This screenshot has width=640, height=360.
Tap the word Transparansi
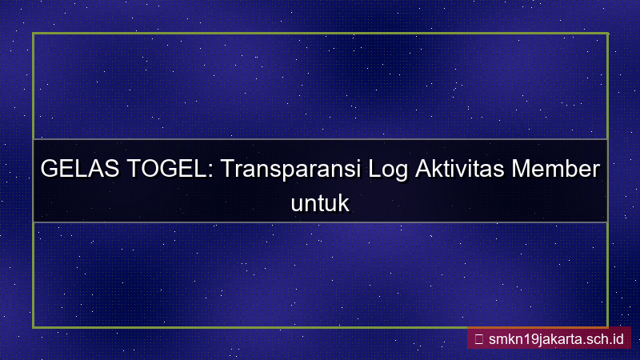pyautogui.click(x=290, y=171)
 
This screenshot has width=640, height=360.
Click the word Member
pyautogui.click(x=558, y=170)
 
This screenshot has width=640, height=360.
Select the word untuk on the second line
pyautogui.click(x=320, y=202)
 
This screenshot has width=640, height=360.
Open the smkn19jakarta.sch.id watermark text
pyautogui.click(x=555, y=338)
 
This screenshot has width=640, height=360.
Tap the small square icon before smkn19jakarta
pyautogui.click(x=478, y=338)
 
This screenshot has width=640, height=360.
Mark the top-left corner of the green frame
pyautogui.click(x=34, y=34)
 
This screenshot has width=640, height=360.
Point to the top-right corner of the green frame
pyautogui.click(x=607, y=34)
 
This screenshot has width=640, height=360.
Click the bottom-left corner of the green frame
pyautogui.click(x=34, y=326)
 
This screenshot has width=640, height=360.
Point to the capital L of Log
pyautogui.click(x=374, y=170)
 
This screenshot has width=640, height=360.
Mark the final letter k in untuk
pyautogui.click(x=345, y=202)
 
